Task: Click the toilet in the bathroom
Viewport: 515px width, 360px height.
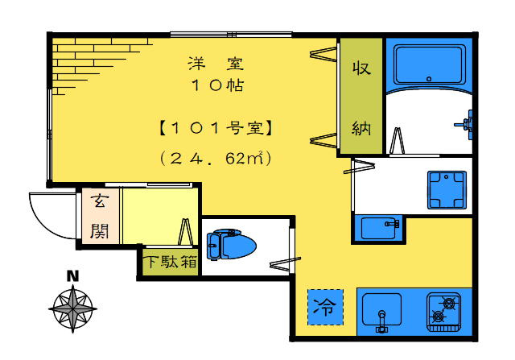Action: coord(231,245)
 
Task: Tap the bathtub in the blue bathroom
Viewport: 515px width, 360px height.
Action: coord(430,65)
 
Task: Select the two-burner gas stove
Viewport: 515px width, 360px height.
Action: coord(443,312)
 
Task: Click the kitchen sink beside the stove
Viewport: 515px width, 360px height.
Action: coord(381,310)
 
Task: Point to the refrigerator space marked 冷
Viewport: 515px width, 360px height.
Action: coord(325,307)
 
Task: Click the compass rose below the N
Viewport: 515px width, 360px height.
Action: coord(72,308)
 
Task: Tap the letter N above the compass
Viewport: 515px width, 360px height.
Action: coord(72,276)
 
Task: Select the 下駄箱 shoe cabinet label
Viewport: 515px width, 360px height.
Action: coord(171,262)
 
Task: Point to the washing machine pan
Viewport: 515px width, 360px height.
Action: coord(447,190)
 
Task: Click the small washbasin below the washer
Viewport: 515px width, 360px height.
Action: coord(380,228)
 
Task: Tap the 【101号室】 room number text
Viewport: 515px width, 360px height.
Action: coord(216,128)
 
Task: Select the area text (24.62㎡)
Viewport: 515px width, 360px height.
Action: coord(216,159)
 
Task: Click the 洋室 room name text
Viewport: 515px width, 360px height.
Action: coord(216,64)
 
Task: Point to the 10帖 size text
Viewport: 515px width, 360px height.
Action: coord(217,85)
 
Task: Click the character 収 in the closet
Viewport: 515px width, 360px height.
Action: coord(361,68)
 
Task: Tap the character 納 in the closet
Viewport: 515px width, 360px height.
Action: coord(361,128)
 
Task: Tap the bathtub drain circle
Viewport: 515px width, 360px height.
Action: coord(429,79)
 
